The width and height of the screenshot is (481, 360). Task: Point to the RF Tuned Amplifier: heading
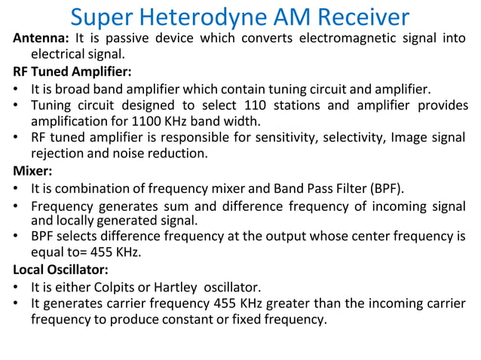72,72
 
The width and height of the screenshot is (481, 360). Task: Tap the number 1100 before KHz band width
148,121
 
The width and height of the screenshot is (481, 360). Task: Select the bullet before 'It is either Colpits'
17,287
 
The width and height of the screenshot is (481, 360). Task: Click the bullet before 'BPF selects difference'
17,237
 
